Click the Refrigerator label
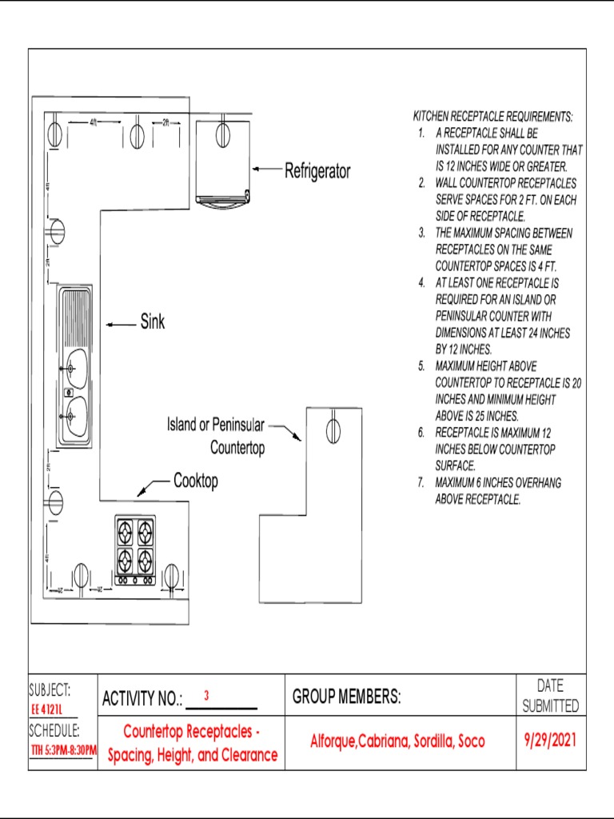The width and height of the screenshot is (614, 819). (x=317, y=171)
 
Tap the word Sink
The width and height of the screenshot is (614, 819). (x=153, y=322)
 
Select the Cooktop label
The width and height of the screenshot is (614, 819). (x=195, y=481)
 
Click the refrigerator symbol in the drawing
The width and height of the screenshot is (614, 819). (x=225, y=164)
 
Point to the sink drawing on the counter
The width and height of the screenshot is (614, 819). (x=74, y=366)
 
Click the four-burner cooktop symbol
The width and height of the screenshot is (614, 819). (x=135, y=550)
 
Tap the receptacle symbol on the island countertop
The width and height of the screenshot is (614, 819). (x=333, y=430)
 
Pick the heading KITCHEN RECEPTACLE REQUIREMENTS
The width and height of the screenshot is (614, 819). (x=492, y=117)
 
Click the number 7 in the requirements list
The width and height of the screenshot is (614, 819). (x=421, y=483)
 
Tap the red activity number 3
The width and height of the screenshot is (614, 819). (x=206, y=696)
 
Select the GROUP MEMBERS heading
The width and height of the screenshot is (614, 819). (x=346, y=697)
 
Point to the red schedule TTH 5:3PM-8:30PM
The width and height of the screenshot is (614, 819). (x=63, y=751)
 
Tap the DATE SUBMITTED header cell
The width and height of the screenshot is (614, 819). (x=550, y=696)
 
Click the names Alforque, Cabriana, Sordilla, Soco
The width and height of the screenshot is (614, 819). (x=397, y=742)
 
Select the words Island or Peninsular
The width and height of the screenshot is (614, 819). (x=215, y=424)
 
